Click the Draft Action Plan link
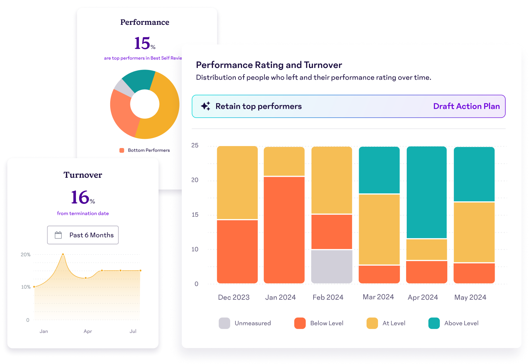point(466,106)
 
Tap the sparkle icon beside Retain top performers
point(206,106)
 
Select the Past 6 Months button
point(83,235)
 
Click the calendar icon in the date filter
point(58,235)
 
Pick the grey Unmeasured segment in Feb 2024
point(332,266)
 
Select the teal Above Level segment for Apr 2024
point(427,192)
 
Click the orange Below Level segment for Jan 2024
point(284,230)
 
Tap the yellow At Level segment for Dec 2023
point(237,183)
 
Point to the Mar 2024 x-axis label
point(378,297)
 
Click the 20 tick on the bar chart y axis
point(195,180)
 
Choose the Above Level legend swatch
point(434,323)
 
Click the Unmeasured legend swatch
point(224,323)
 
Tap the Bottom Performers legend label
point(149,150)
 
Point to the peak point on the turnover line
point(63,254)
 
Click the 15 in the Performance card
point(143,43)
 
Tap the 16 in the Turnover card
point(80,197)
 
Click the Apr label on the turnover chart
point(88,331)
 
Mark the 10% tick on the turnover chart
point(26,287)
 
